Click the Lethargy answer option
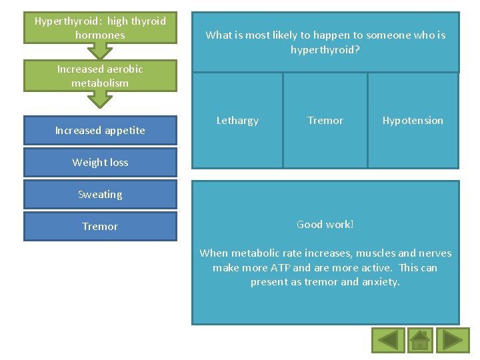coord(237,121)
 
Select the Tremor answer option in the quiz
coord(325,121)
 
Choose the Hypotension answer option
coord(413,121)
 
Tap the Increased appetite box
coord(100,131)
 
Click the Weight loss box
coord(100,163)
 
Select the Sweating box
coord(100,195)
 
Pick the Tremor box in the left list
coord(100,227)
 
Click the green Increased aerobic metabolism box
coord(100,76)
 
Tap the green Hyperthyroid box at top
coord(100,28)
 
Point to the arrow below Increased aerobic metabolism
coord(100,99)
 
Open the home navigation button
coord(420,340)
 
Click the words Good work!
coord(325,225)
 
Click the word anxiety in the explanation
coord(379,282)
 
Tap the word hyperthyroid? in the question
coord(325,50)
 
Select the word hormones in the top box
coord(100,35)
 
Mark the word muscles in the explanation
coord(375,253)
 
